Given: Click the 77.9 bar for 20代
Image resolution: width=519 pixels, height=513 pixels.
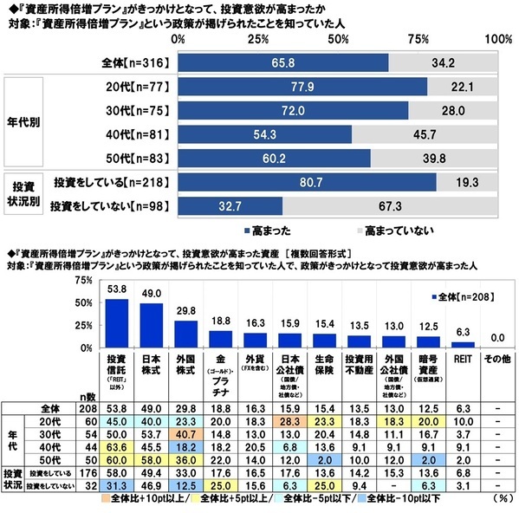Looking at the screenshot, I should pyautogui.click(x=302, y=88).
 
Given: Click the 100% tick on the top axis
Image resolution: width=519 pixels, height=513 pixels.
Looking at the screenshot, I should pyautogui.click(x=498, y=41).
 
